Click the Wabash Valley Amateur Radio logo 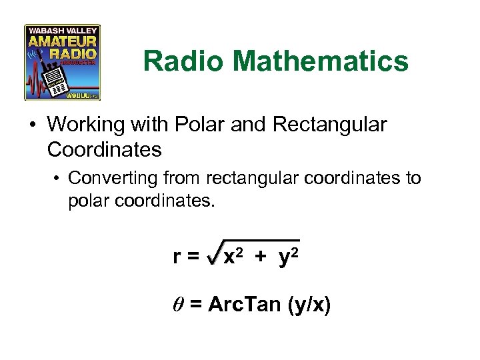(x=62, y=62)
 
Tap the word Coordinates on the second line (x=105, y=149)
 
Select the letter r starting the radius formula (x=177, y=257)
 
